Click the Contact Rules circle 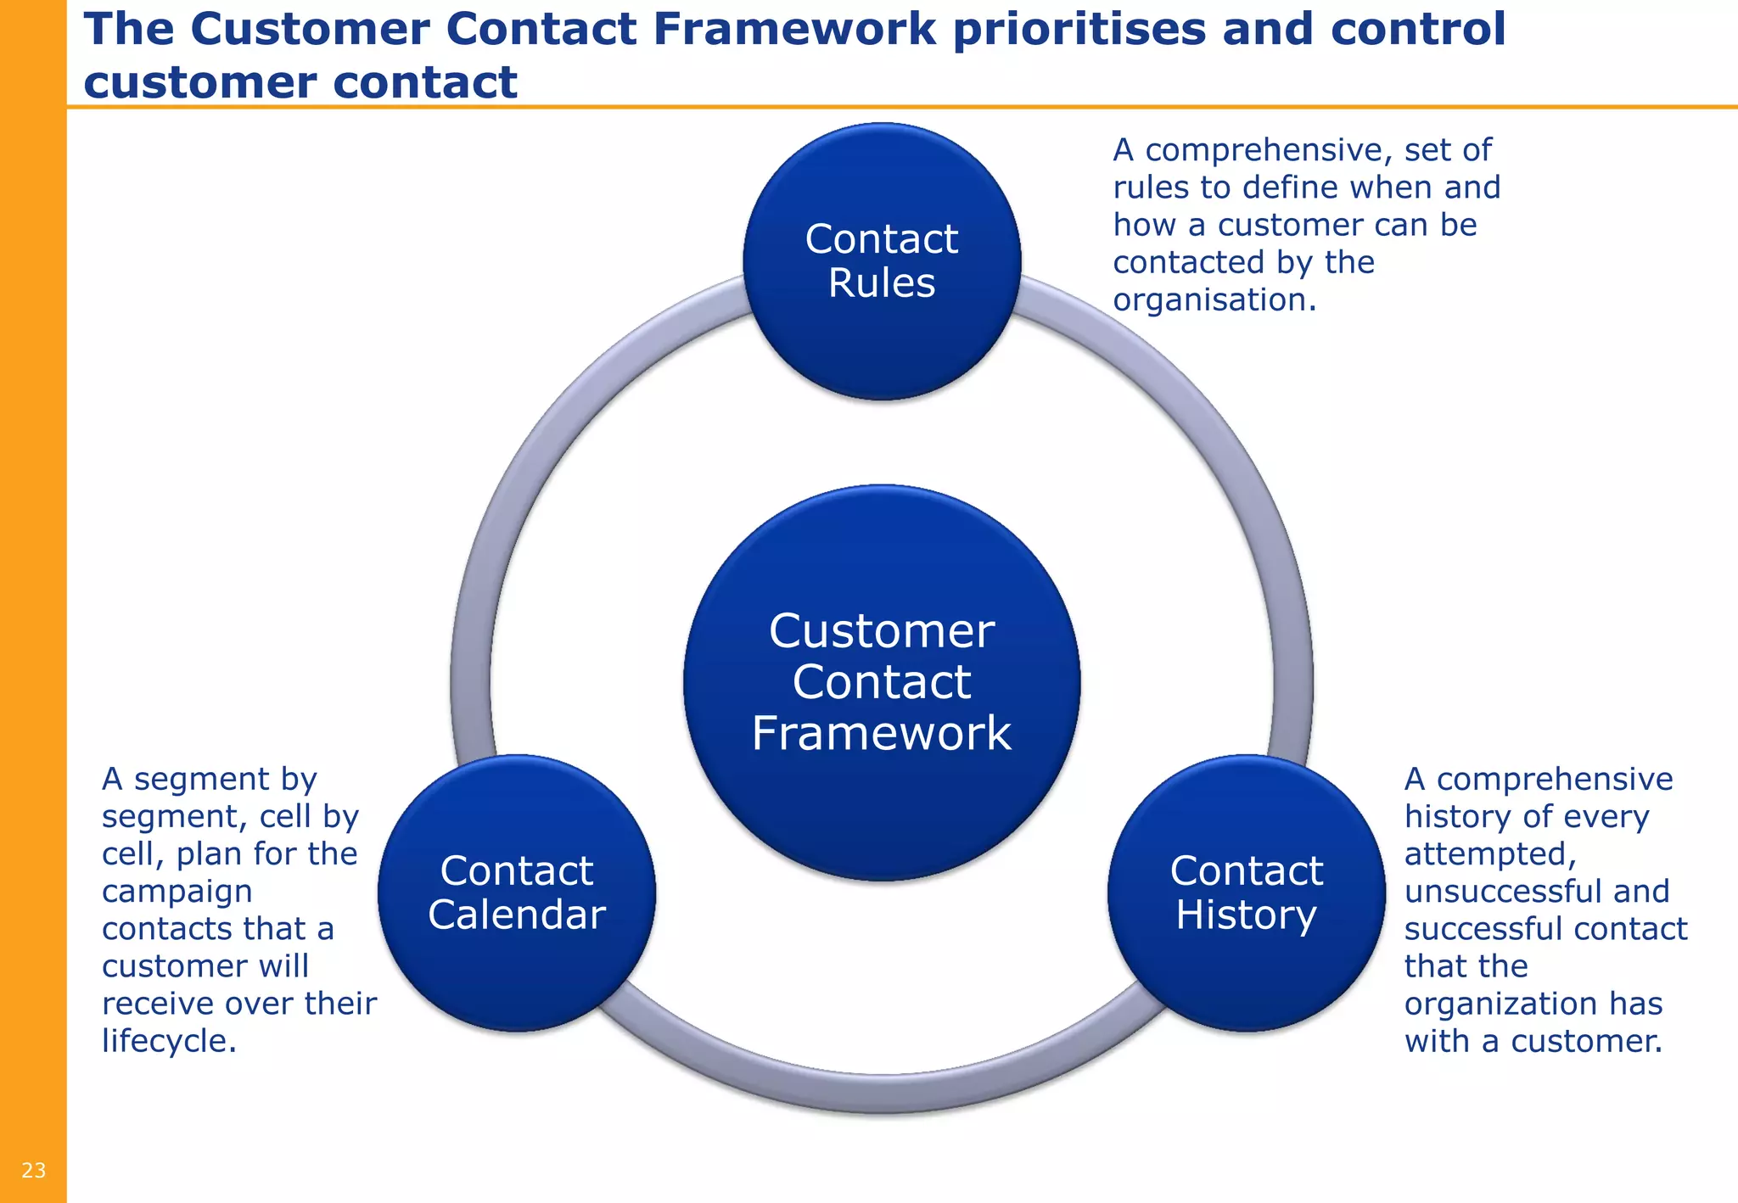882,339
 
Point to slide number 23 33,1171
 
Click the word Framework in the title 793,29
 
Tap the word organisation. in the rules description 1214,299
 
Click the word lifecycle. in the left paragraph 169,1041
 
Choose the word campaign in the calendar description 177,891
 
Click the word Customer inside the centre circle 882,631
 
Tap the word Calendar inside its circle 517,915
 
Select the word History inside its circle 1246,915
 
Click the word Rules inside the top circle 882,283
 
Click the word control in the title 1417,29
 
